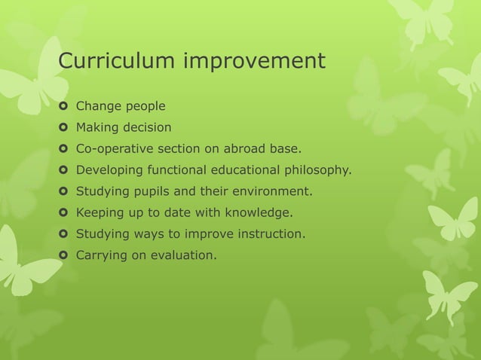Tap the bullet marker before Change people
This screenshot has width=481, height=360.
point(63,106)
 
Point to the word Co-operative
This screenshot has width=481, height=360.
point(112,148)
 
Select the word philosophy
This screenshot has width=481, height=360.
point(317,170)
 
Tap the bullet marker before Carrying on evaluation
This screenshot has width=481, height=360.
point(63,255)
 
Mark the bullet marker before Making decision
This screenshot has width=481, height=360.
point(63,127)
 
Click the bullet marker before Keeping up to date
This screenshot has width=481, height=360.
point(63,212)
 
